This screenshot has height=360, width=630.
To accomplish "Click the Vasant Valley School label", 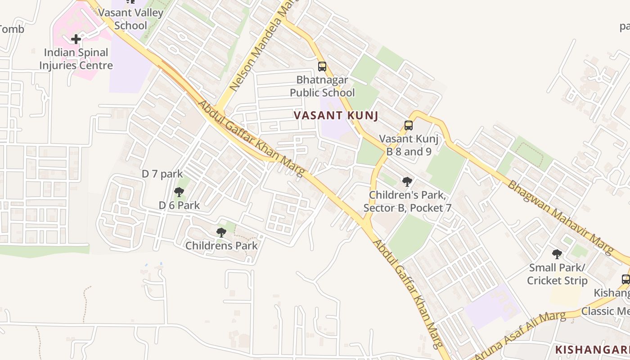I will click(130, 19).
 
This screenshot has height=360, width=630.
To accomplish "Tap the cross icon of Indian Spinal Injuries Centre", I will click(76, 39).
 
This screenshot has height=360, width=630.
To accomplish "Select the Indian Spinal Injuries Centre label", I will click(76, 59).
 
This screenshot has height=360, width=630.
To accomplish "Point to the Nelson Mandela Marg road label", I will click(258, 49).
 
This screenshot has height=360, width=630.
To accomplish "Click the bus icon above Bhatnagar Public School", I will click(322, 67).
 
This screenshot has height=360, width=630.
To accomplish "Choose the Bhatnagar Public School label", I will click(322, 86).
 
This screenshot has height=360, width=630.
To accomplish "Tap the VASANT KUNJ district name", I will click(336, 116).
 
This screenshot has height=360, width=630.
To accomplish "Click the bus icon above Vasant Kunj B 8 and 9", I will click(409, 126).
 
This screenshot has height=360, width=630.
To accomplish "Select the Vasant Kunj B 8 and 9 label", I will click(409, 145).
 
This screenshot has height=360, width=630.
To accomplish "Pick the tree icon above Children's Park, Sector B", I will click(407, 182).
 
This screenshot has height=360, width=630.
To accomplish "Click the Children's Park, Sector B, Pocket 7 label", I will click(407, 202).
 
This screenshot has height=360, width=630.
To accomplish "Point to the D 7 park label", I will click(162, 174).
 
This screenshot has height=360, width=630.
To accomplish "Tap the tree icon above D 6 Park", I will click(179, 192).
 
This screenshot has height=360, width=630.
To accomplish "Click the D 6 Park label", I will click(179, 205).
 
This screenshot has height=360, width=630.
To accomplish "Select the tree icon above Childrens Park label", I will click(221, 232).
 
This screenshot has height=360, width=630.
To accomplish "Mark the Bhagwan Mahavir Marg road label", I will click(560, 216).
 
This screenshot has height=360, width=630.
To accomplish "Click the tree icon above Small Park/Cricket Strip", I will click(557, 254).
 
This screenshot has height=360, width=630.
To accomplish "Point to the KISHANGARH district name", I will click(592, 350).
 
